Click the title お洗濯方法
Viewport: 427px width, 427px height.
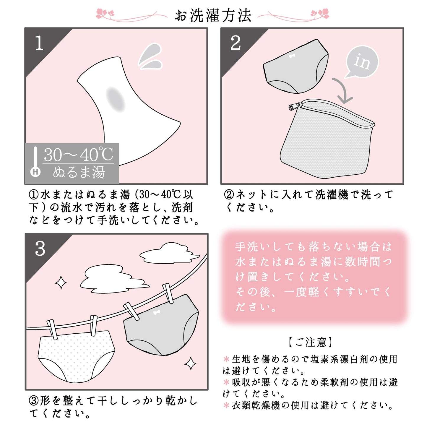click(x=213, y=15)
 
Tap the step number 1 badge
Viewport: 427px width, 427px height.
click(x=39, y=43)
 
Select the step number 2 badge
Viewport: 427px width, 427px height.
click(x=236, y=43)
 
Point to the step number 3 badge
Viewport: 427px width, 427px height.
click(x=40, y=249)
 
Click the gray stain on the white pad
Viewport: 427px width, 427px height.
click(x=116, y=100)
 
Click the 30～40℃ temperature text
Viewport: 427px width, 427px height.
click(x=78, y=155)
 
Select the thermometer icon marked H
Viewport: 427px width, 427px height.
click(x=35, y=162)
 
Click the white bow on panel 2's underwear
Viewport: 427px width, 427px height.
click(x=292, y=56)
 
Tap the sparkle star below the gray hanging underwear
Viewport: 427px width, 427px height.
click(x=191, y=364)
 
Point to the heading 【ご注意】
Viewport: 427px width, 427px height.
click(x=311, y=342)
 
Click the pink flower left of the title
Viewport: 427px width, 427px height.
click(x=105, y=13)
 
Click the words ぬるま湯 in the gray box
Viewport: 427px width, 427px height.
click(x=79, y=172)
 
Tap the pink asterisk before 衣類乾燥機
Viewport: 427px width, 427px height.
click(x=226, y=405)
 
